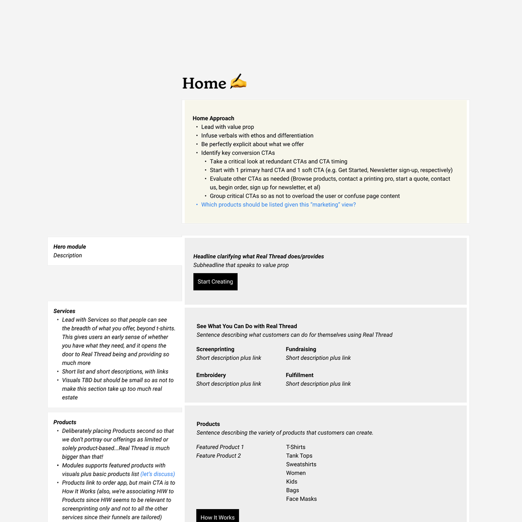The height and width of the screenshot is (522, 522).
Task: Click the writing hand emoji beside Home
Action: tap(238, 82)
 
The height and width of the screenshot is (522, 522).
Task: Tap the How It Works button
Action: tap(217, 517)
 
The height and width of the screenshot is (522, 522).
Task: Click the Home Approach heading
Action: tap(213, 118)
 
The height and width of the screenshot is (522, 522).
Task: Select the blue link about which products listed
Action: tap(278, 205)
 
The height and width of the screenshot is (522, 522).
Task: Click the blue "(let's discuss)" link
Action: tap(157, 474)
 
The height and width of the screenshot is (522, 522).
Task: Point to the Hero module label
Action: tap(69, 247)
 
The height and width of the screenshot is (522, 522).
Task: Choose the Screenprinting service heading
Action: tap(215, 349)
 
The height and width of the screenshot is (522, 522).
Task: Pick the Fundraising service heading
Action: tap(301, 349)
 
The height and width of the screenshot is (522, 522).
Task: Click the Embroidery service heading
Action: tap(211, 375)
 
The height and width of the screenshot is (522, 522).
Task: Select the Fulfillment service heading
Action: tap(300, 375)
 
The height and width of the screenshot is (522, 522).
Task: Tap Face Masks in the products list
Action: tap(301, 499)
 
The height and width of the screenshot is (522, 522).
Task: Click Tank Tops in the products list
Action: tap(299, 456)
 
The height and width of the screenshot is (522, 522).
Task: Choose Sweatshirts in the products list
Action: tap(301, 465)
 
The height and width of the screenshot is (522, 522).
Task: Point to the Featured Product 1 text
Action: tap(220, 447)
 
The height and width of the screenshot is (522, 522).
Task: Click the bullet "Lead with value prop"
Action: tap(227, 127)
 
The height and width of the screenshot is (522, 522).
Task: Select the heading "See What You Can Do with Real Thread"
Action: tap(247, 326)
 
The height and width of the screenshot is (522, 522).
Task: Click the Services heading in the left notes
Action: tap(64, 311)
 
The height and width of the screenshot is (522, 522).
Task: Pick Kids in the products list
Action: tap(292, 482)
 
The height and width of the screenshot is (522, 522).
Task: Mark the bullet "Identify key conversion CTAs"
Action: tap(238, 153)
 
